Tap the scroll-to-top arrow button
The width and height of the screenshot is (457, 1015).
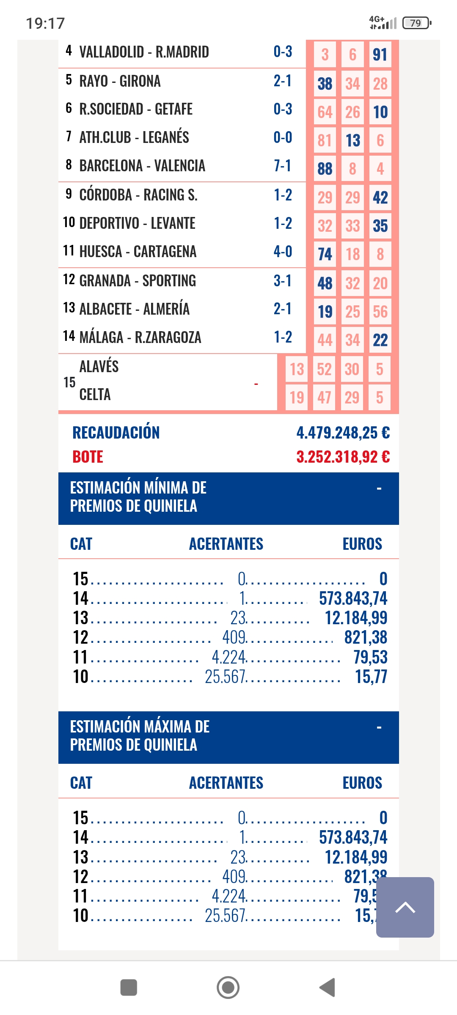tap(405, 907)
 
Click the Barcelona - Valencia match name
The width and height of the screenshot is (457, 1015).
tap(142, 166)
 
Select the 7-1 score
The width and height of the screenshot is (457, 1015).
tap(283, 166)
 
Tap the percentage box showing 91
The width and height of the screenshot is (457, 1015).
tap(380, 55)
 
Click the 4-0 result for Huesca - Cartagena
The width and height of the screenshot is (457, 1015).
tap(283, 252)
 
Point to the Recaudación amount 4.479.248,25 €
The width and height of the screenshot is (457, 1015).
tap(343, 433)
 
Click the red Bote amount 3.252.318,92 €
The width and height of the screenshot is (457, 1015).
tap(343, 457)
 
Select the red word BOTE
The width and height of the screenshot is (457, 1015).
tap(88, 457)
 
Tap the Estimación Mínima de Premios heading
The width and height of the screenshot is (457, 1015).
tap(138, 497)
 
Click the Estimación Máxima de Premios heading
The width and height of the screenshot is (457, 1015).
tap(140, 736)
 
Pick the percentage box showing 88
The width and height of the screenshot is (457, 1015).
tap(325, 169)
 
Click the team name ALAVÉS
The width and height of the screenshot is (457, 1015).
tap(99, 366)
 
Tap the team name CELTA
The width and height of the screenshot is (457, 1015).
tap(95, 395)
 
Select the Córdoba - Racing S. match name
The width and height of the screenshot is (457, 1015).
tap(138, 195)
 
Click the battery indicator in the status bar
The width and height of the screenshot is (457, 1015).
tap(416, 23)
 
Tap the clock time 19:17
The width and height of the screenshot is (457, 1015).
tap(45, 23)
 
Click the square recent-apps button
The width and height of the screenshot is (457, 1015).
tap(129, 988)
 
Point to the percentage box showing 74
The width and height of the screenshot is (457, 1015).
tap(325, 254)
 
